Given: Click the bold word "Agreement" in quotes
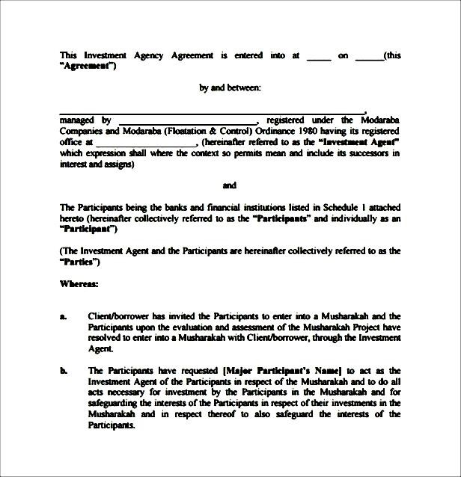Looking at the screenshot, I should (88, 66).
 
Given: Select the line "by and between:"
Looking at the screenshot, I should (230, 87).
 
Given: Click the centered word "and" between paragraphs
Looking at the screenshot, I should (230, 185).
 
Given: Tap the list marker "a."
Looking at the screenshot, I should (64, 316).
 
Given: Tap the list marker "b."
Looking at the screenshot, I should (64, 370).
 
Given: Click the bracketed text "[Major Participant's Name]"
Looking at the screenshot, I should (281, 370).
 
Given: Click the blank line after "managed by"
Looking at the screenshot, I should (187, 120).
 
